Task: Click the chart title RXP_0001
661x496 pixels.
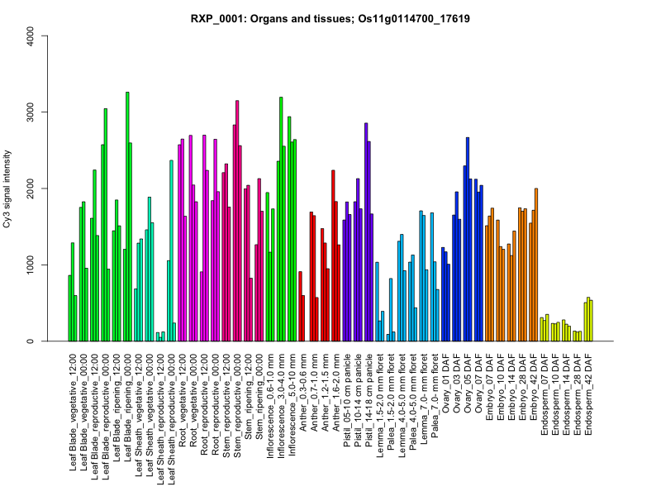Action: tap(330, 17)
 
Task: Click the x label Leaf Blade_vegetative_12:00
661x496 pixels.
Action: tap(74, 405)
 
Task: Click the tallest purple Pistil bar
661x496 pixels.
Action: tap(366, 232)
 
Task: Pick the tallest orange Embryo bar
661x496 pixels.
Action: tap(536, 265)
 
